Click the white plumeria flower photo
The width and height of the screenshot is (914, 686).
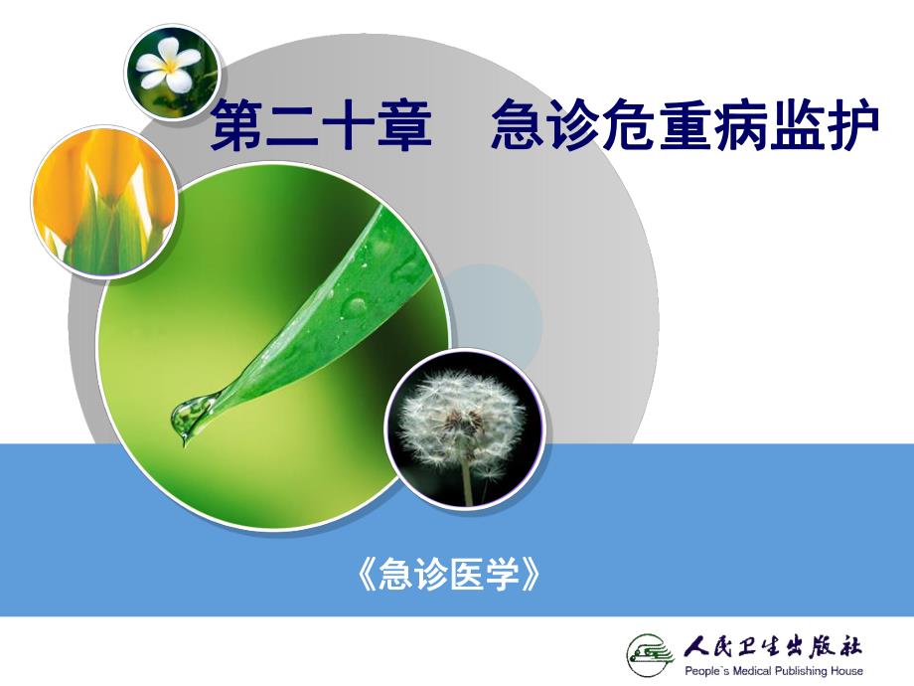point(171,70)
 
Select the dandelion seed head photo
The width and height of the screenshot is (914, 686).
point(464,429)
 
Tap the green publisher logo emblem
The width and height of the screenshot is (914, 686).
point(649,654)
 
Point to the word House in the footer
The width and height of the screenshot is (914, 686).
point(849,671)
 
